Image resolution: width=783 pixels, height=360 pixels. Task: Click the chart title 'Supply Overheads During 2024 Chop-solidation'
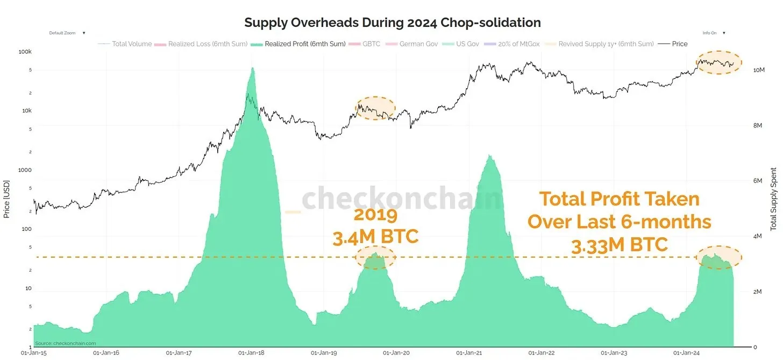(x=392, y=23)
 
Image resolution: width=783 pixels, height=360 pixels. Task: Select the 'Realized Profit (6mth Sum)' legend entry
(x=305, y=44)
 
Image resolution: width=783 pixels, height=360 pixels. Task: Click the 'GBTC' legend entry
(x=371, y=44)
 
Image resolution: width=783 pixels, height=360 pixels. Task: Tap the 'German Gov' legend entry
(x=418, y=44)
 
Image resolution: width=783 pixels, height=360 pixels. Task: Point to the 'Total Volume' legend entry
(x=132, y=44)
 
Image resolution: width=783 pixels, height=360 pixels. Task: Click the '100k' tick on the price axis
(x=25, y=52)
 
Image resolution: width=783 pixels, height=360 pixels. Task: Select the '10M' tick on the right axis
(x=758, y=70)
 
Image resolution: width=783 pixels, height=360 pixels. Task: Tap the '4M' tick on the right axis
(x=757, y=237)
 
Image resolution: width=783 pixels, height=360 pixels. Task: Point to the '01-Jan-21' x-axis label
(x=469, y=353)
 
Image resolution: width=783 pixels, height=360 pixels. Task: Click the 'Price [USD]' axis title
(x=7, y=199)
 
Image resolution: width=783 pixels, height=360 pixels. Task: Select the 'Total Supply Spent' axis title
(x=774, y=199)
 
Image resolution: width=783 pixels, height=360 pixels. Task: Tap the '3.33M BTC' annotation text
(x=619, y=245)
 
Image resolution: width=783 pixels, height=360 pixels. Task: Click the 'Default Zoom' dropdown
(x=67, y=33)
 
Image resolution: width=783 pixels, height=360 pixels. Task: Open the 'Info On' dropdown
(x=714, y=33)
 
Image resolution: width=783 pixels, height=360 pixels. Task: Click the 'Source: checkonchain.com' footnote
(x=66, y=343)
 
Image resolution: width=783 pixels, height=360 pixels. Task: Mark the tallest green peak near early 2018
(x=252, y=69)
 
